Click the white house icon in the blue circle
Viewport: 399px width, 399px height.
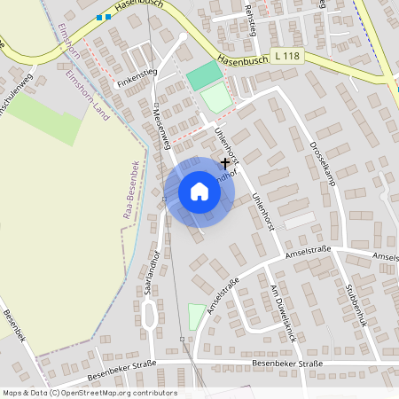[199, 192]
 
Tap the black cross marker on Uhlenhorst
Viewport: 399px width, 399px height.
[225, 163]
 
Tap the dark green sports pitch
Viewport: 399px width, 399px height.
[204, 75]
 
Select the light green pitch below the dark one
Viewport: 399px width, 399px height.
[216, 98]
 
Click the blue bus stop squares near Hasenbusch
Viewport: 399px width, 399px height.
[105, 16]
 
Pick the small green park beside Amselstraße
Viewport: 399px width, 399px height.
[196, 315]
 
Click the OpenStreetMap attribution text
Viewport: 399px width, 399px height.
[89, 393]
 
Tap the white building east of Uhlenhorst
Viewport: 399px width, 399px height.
[299, 219]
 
